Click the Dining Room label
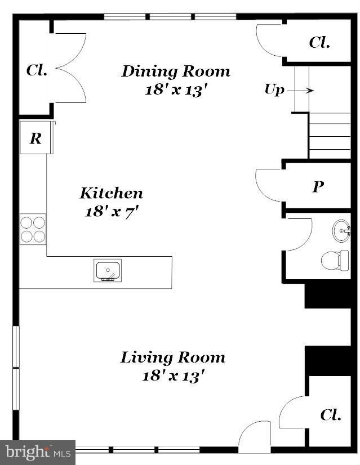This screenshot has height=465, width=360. click(x=176, y=71)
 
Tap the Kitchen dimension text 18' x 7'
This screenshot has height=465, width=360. click(x=112, y=212)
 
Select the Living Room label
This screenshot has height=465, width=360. click(x=173, y=357)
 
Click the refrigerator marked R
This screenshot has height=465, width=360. click(x=35, y=138)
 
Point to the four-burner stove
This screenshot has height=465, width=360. click(x=33, y=229)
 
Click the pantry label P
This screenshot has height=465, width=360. click(x=318, y=187)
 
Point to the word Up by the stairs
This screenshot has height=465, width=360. click(x=274, y=90)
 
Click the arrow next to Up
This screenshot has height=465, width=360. click(x=303, y=90)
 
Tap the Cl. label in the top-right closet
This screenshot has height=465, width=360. click(x=319, y=43)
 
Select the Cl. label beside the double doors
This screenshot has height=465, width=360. click(x=37, y=71)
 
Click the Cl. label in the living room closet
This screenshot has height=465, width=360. click(x=331, y=415)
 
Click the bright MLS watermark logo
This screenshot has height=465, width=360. click(x=38, y=452)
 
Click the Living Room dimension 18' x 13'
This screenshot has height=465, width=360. click(x=172, y=376)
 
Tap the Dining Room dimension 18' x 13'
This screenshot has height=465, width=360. click(x=173, y=90)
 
